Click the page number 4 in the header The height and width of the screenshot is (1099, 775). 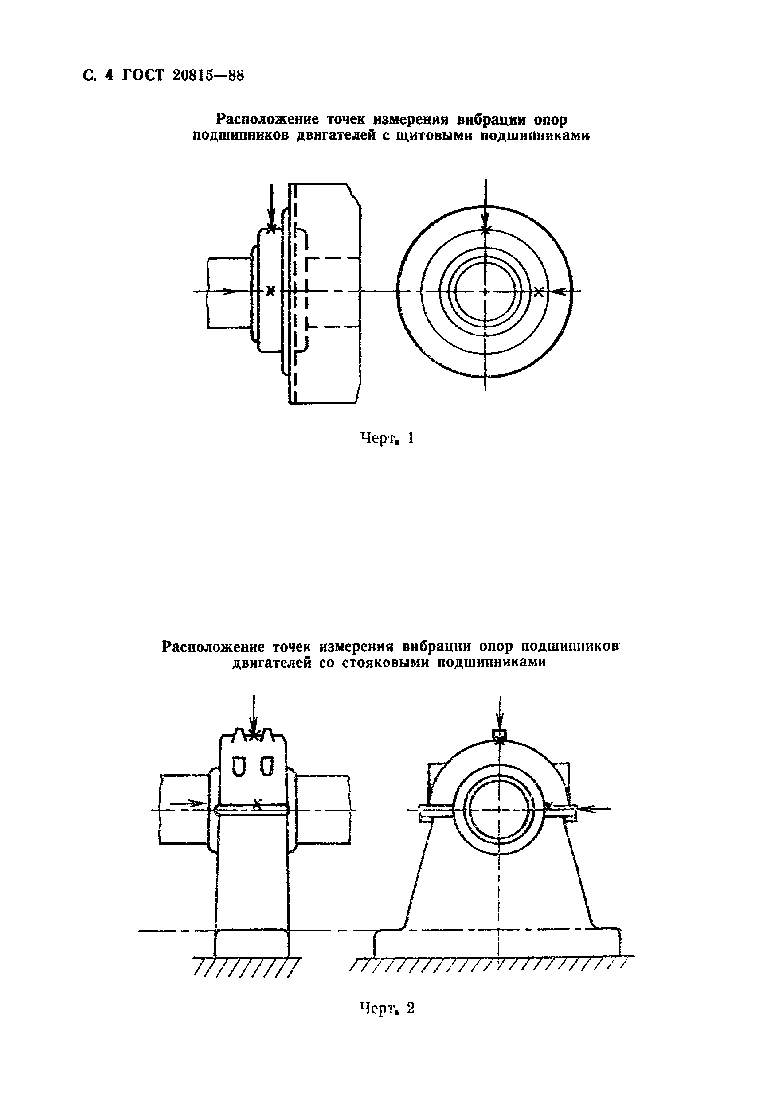[108, 76]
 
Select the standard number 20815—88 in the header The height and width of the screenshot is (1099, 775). [206, 76]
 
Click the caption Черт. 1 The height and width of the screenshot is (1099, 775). [387, 437]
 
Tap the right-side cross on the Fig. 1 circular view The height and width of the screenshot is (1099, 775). [539, 292]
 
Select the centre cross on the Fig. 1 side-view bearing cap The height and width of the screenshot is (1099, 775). [270, 290]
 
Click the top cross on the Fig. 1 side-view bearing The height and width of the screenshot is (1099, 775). [271, 229]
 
